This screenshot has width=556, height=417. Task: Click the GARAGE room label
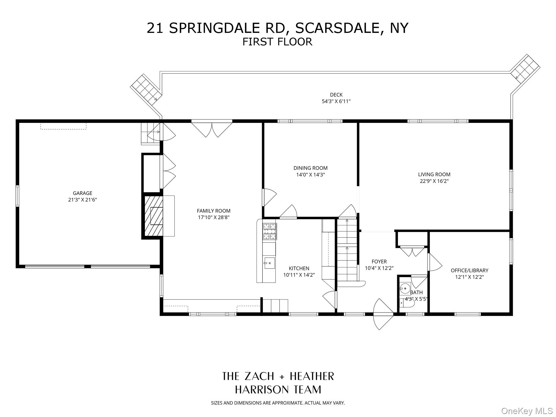[x=83, y=193]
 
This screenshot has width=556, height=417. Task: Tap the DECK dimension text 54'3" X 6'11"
[x=336, y=102]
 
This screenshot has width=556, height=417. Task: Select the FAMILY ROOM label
[x=214, y=211]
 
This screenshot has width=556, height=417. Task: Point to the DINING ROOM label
[x=311, y=168]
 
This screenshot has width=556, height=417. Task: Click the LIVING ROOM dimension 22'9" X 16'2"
[x=434, y=181]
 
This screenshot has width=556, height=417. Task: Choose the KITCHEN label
[x=299, y=268]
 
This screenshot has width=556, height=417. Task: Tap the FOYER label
[x=379, y=261]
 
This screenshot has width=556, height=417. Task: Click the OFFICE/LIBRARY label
[x=469, y=270]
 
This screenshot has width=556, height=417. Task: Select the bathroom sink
[x=405, y=288]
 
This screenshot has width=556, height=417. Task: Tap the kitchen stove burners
[x=270, y=231]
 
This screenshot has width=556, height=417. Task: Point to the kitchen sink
[x=270, y=263]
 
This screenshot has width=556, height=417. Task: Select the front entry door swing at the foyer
[x=383, y=314]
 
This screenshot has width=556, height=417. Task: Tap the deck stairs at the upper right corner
[x=525, y=67]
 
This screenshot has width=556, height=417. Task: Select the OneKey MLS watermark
[x=527, y=411]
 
